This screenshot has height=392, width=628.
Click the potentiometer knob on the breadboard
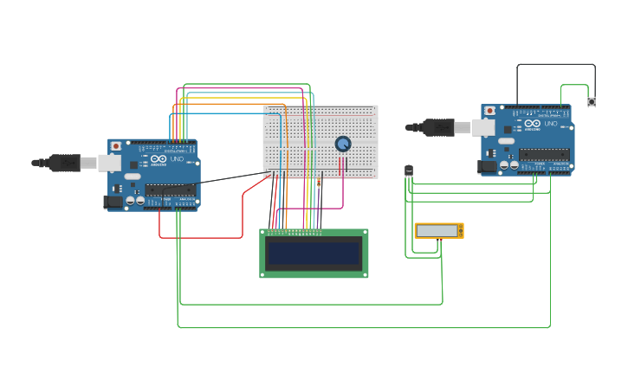(343, 144)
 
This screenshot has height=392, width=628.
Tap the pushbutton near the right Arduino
(592, 102)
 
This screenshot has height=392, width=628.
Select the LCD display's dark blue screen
(314, 254)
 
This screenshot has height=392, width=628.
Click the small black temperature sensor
(409, 170)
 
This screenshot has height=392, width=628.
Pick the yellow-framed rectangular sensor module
(438, 230)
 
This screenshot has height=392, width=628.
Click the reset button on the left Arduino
(116, 146)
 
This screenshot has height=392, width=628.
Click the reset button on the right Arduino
(490, 111)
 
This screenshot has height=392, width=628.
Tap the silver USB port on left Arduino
(109, 163)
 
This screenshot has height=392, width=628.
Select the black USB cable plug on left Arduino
(65, 163)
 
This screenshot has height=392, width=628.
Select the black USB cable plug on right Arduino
(438, 127)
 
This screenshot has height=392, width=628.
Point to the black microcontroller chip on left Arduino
(170, 190)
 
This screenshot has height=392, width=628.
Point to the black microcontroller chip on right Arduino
(544, 154)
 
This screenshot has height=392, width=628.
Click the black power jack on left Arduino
(113, 202)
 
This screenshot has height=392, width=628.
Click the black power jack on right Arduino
(487, 166)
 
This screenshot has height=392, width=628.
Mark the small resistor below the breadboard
(319, 182)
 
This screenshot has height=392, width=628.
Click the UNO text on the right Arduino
(551, 124)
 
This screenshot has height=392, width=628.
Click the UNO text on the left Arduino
(177, 159)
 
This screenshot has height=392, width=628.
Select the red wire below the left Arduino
(199, 237)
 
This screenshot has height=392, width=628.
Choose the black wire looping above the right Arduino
(554, 64)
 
